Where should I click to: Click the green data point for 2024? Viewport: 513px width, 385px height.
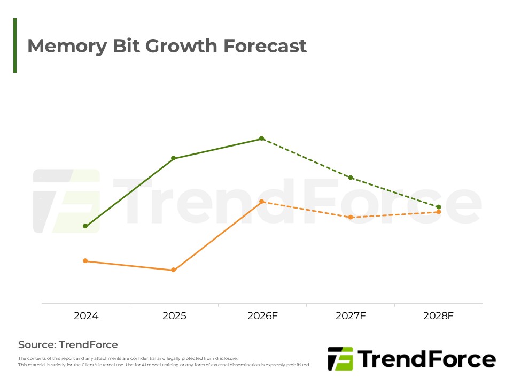click(85, 226)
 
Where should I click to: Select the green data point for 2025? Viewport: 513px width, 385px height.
click(174, 158)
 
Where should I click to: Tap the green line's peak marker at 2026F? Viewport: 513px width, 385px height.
click(262, 138)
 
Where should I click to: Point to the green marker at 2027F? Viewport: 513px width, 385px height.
click(351, 178)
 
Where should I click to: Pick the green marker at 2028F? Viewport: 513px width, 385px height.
click(439, 207)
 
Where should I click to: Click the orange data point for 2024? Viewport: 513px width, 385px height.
click(85, 261)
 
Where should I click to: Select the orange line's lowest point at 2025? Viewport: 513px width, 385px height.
click(174, 270)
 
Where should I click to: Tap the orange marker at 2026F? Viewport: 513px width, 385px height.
click(262, 202)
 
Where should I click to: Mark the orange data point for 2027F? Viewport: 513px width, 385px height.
click(351, 217)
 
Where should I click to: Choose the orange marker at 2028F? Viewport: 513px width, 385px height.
click(439, 212)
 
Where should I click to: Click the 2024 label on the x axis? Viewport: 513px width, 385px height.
click(86, 316)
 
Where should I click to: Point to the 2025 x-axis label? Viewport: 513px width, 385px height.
click(174, 316)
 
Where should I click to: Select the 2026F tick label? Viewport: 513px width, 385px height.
click(262, 316)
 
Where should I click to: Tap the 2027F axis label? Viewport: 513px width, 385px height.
click(351, 316)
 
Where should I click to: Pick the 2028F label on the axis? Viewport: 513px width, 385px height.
click(438, 316)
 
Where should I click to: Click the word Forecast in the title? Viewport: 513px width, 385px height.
click(265, 46)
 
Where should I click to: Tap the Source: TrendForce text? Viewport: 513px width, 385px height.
click(68, 344)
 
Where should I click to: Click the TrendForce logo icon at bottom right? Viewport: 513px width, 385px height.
click(340, 359)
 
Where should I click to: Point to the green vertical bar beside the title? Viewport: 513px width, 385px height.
click(15, 45)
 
